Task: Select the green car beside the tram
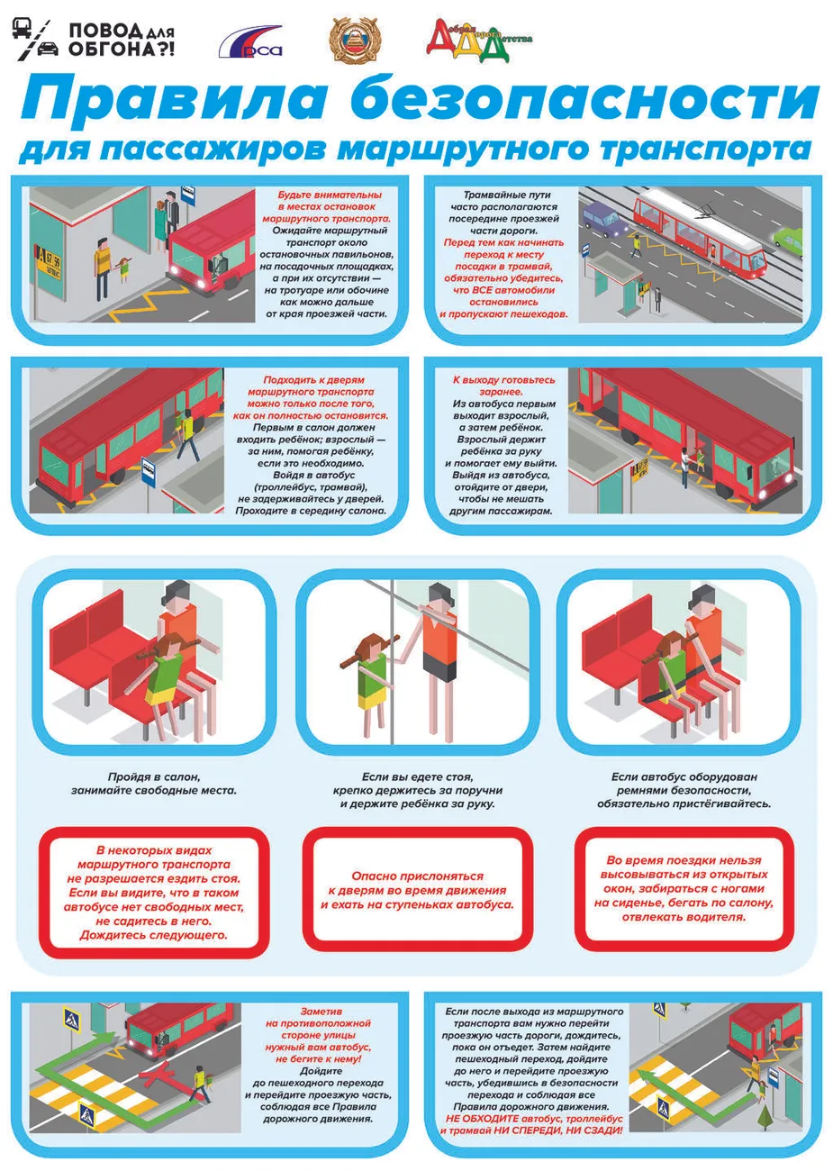tap(786, 239)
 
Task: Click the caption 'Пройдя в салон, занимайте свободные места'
tap(154, 783)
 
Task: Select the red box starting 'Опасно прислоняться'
tap(417, 890)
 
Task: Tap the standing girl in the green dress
tap(370, 680)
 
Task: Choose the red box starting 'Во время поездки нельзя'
tap(684, 888)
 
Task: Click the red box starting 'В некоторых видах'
tap(154, 892)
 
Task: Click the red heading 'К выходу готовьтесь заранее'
tap(503, 386)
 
